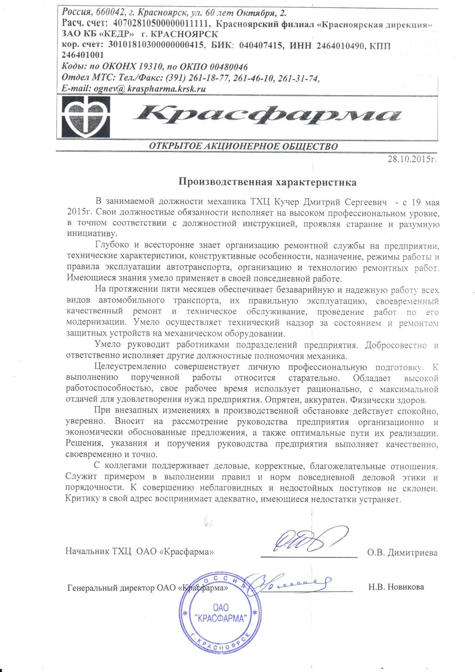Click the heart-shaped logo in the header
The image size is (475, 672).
pos(87,117)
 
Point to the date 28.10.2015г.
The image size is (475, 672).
pos(412,158)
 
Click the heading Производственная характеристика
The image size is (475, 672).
pos(267,182)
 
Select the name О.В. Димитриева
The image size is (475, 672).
pos(402,552)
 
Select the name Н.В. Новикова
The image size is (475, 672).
pos(396,587)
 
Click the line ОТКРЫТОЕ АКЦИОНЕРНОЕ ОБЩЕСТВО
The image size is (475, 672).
pos(243,146)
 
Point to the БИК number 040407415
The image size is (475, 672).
pos(260,46)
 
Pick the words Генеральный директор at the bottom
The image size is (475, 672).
pos(111,588)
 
